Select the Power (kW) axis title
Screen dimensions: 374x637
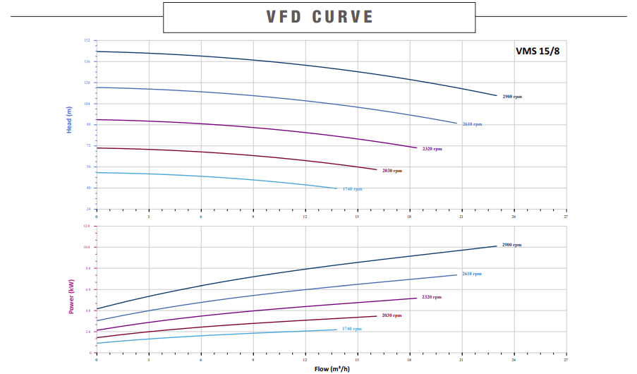pyautogui.click(x=71, y=296)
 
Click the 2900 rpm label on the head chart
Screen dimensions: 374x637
pyautogui.click(x=512, y=96)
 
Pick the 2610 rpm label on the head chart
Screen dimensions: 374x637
pyautogui.click(x=472, y=124)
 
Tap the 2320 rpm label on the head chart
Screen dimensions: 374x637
pyautogui.click(x=432, y=149)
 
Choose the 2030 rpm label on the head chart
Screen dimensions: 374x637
pyautogui.click(x=392, y=171)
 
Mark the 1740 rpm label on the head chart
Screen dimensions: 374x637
pyautogui.click(x=352, y=189)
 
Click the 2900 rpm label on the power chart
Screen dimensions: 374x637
pyautogui.click(x=512, y=245)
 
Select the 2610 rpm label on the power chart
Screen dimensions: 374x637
pyautogui.click(x=472, y=274)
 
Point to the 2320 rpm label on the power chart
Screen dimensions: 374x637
pyautogui.click(x=432, y=297)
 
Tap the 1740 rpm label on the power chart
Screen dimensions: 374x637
pyautogui.click(x=352, y=329)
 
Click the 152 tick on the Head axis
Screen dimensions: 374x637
pyautogui.click(x=87, y=40)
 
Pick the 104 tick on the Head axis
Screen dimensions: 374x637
pyautogui.click(x=87, y=104)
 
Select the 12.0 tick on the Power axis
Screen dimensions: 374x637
pyautogui.click(x=87, y=226)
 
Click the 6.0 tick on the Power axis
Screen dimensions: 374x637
pyautogui.click(x=87, y=289)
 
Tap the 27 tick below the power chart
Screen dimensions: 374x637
pyautogui.click(x=566, y=358)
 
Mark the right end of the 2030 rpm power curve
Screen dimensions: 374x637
pyautogui.click(x=377, y=315)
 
